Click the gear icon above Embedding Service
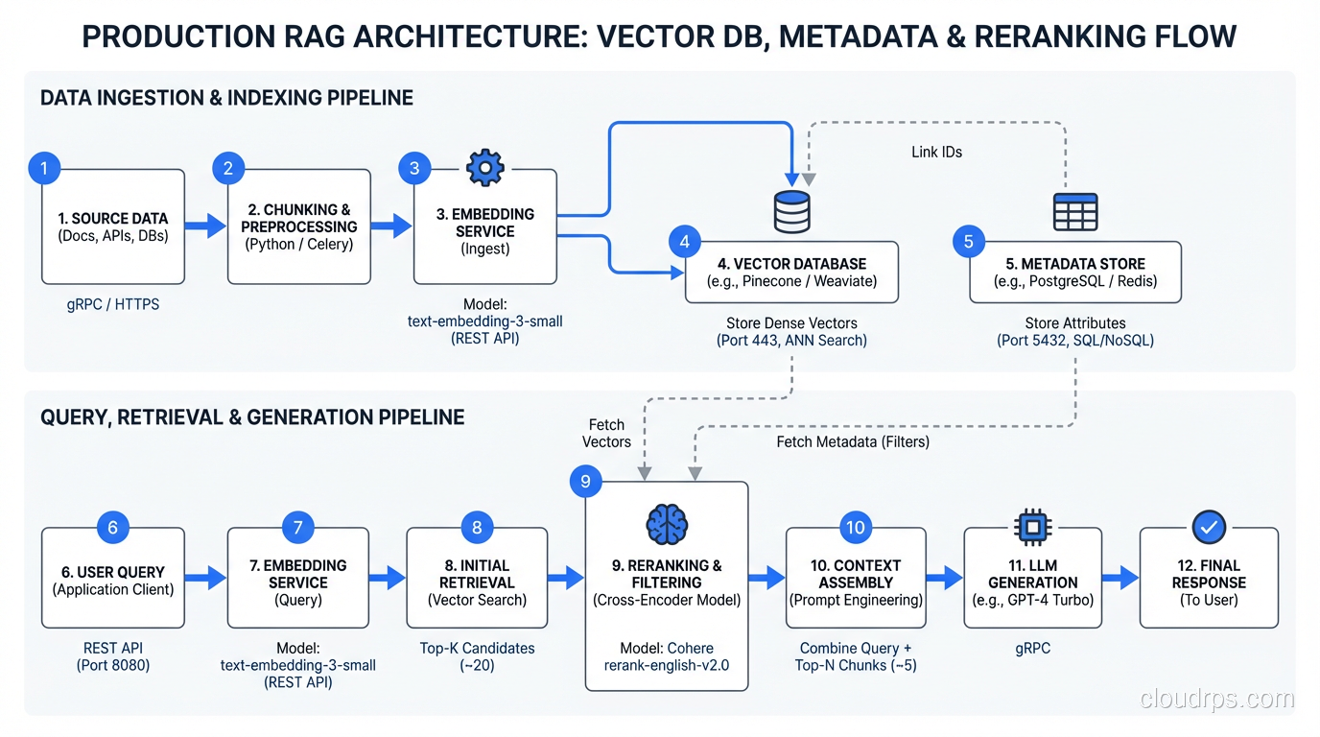click(484, 168)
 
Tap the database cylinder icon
click(791, 212)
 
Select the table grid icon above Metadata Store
click(1075, 212)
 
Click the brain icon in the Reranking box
click(667, 525)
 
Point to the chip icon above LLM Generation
click(1033, 527)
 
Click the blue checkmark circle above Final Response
click(1209, 527)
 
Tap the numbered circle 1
click(44, 168)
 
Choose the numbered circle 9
click(585, 480)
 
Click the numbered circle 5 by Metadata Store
click(968, 241)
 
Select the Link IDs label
click(936, 153)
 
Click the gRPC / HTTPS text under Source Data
click(112, 304)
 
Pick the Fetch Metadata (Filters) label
click(853, 442)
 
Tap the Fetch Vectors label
click(606, 433)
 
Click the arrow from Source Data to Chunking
click(205, 226)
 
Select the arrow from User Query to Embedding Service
click(205, 577)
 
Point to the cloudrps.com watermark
click(1216, 700)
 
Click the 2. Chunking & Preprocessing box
click(299, 226)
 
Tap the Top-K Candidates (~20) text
click(477, 656)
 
